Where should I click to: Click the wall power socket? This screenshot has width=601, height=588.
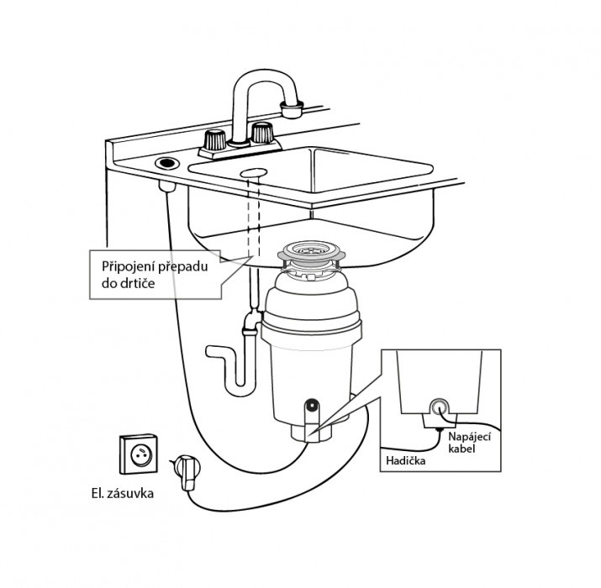[x=140, y=453]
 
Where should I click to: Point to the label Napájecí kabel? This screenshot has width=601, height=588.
[x=467, y=444]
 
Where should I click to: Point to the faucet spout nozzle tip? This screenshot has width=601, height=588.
[x=291, y=108]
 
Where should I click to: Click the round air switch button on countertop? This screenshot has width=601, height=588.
[x=166, y=161]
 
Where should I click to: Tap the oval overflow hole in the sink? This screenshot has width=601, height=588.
[x=252, y=172]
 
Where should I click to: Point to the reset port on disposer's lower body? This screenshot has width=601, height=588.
[x=311, y=409]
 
